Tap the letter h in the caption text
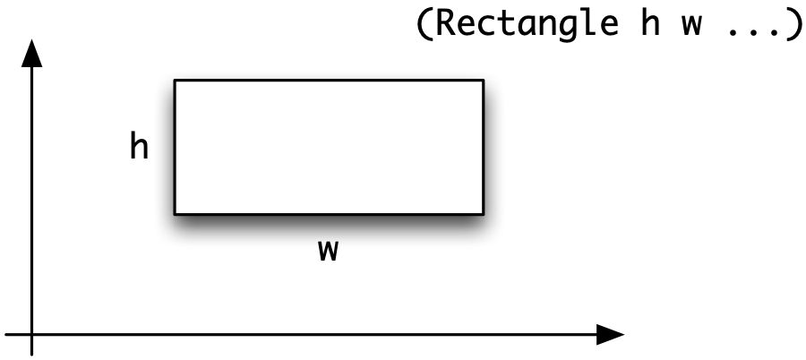tap(650, 23)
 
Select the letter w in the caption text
tap(691, 27)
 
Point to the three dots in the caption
tap(752, 33)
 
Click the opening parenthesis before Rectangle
tap(424, 23)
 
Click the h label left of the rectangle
tap(140, 147)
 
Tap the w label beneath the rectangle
tap(328, 251)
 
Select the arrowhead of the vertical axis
tap(32, 54)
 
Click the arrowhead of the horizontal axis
tap(610, 335)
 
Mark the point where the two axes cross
tap(32, 335)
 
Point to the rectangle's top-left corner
tap(175, 81)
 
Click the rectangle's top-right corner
tap(484, 81)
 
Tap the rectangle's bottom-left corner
tap(175, 214)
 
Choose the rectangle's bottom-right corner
tap(484, 214)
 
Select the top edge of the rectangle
tap(329, 81)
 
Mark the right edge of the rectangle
tap(484, 147)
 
